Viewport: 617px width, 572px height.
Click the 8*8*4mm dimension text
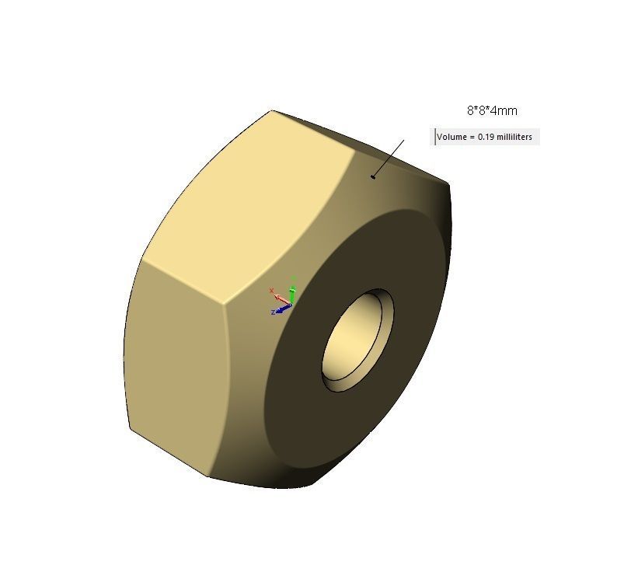[x=492, y=111]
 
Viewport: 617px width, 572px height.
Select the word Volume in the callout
[x=452, y=138]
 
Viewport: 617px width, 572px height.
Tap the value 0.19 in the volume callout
[x=486, y=138]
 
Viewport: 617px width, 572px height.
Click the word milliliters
[x=514, y=138]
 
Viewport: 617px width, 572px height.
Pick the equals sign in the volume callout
[x=472, y=138]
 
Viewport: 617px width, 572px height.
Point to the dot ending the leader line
[x=374, y=176]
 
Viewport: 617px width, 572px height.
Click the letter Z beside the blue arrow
[x=274, y=312]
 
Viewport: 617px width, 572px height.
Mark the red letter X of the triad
[x=271, y=291]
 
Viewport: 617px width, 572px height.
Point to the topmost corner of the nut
[x=271, y=110]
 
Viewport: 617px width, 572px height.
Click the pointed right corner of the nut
[x=448, y=185]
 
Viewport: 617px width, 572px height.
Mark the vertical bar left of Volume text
[x=435, y=137]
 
